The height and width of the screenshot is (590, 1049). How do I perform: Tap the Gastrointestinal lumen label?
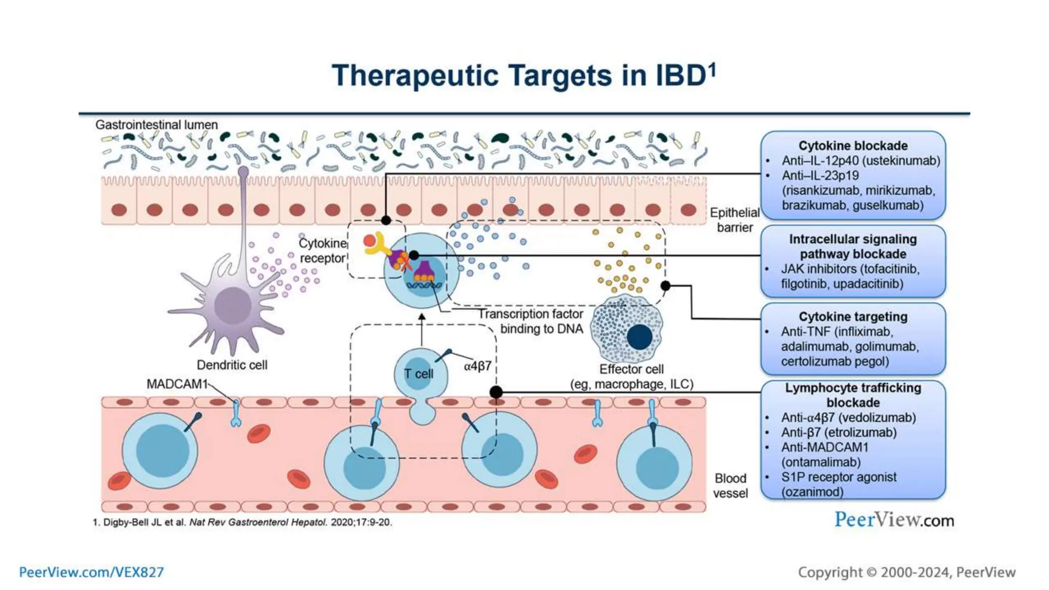[156, 124]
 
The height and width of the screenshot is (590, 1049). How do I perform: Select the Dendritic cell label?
[232, 365]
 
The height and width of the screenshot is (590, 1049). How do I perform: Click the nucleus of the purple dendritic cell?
[233, 306]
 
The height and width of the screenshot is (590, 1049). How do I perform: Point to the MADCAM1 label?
[177, 384]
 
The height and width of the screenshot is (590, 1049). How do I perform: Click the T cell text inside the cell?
[418, 374]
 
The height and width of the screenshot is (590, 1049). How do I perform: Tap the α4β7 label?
[477, 366]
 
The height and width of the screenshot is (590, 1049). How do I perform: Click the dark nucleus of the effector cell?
[639, 337]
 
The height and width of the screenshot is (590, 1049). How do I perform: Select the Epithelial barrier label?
[735, 220]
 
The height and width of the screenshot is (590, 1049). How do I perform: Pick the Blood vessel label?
[730, 486]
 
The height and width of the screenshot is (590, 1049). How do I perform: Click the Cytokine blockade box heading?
[853, 145]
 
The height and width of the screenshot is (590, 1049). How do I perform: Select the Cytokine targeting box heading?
[853, 317]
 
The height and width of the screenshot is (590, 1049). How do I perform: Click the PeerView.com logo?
[894, 520]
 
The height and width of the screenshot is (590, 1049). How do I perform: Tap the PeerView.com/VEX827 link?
[91, 572]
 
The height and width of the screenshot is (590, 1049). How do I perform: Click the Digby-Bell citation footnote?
[242, 522]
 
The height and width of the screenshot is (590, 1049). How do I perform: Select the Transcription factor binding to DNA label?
[531, 321]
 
